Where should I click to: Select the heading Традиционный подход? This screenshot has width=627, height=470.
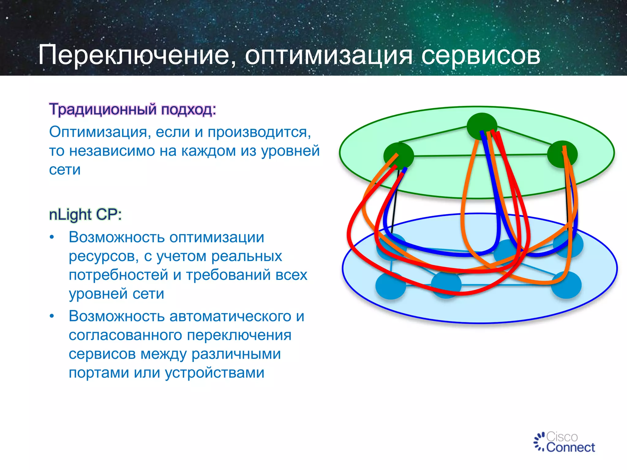pos(133,109)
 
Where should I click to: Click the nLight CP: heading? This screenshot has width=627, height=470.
pos(85,214)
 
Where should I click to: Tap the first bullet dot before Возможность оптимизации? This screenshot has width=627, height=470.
pos(52,237)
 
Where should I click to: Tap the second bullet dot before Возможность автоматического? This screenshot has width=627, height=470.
pos(52,316)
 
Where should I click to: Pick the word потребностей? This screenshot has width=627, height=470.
pos(118,275)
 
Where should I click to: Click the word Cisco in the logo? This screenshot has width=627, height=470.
pos(562,437)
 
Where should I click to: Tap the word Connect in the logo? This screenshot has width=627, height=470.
pos(570,447)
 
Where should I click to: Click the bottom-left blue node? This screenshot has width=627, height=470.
pos(391,286)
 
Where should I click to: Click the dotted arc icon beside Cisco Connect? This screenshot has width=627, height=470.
pos(539,442)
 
